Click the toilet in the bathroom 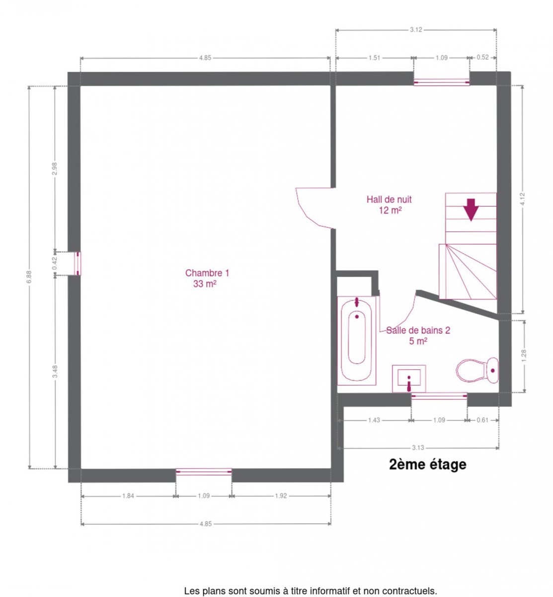pyautogui.click(x=477, y=370)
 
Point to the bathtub pyautogui.click(x=356, y=341)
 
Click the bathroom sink pyautogui.click(x=408, y=379)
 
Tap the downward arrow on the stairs pyautogui.click(x=471, y=209)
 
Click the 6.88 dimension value pyautogui.click(x=29, y=277)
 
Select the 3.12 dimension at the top pyautogui.click(x=415, y=29)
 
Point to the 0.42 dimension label pyautogui.click(x=54, y=263)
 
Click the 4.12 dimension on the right pyautogui.click(x=522, y=199)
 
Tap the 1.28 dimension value pyautogui.click(x=524, y=356)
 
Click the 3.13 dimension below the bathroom pyautogui.click(x=417, y=448)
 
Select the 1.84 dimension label pyautogui.click(x=128, y=496)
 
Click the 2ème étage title pyautogui.click(x=427, y=465)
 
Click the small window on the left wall pyautogui.click(x=78, y=263)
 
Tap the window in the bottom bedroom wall pyautogui.click(x=204, y=472)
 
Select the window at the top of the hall pyautogui.click(x=441, y=82)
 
